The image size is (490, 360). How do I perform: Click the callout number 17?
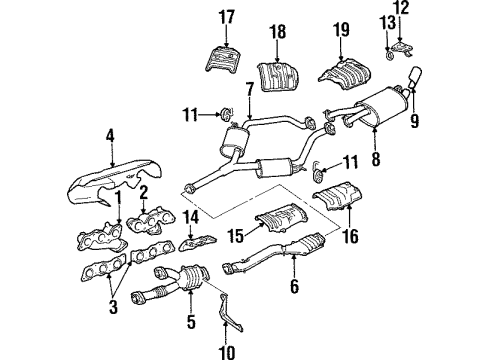(x=226, y=17)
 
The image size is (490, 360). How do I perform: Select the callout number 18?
(x=278, y=33)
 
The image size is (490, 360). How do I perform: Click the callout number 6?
(x=293, y=286)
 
